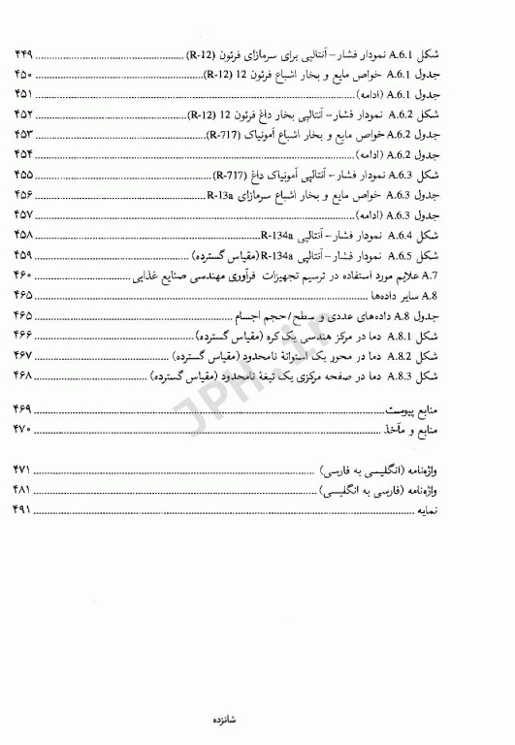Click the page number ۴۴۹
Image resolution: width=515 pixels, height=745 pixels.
click(24, 52)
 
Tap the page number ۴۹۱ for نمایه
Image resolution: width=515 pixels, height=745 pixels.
click(24, 508)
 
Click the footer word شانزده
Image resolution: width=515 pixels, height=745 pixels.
click(257, 721)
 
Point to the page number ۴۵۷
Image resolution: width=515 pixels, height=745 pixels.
click(24, 215)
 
